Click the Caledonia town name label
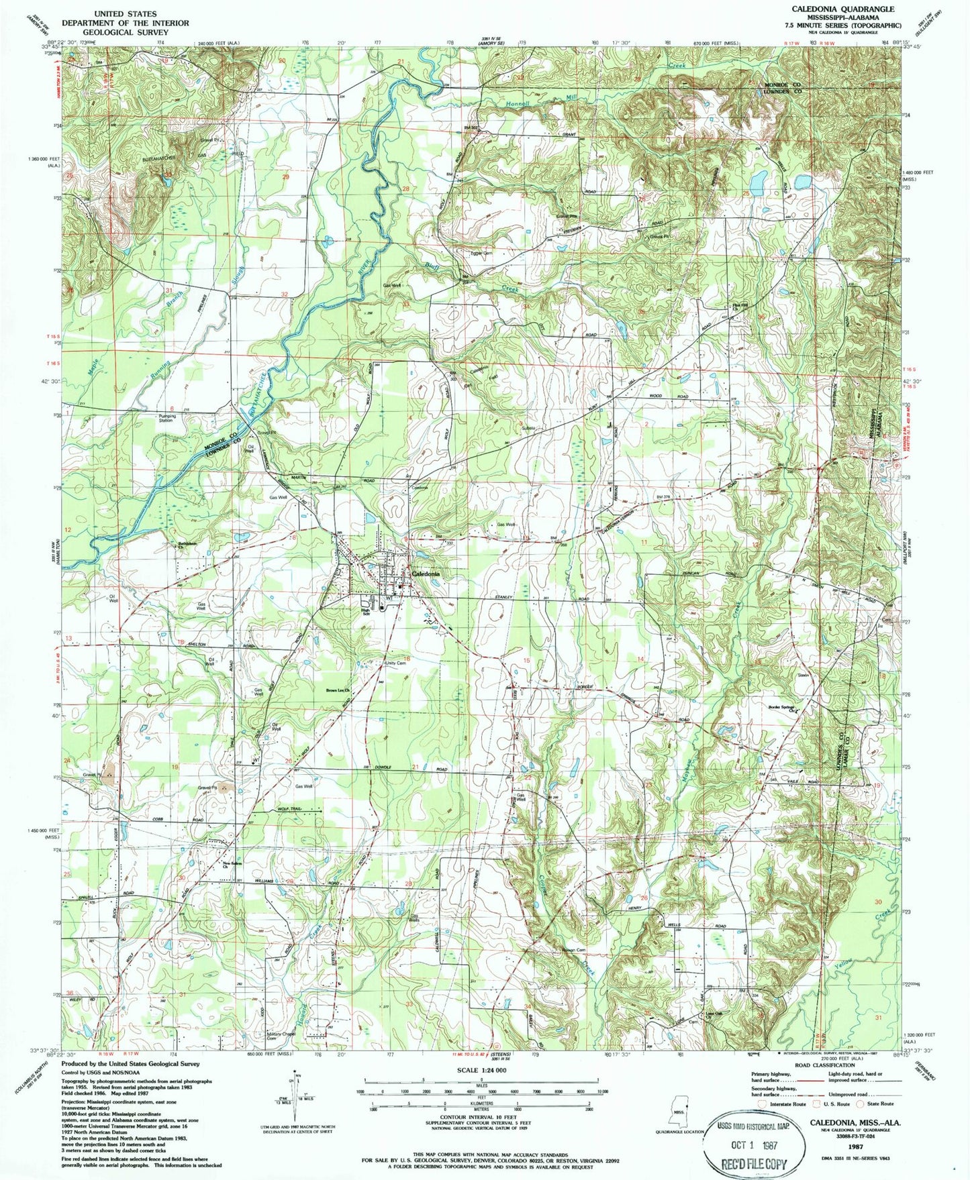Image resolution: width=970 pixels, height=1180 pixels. [426, 574]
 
